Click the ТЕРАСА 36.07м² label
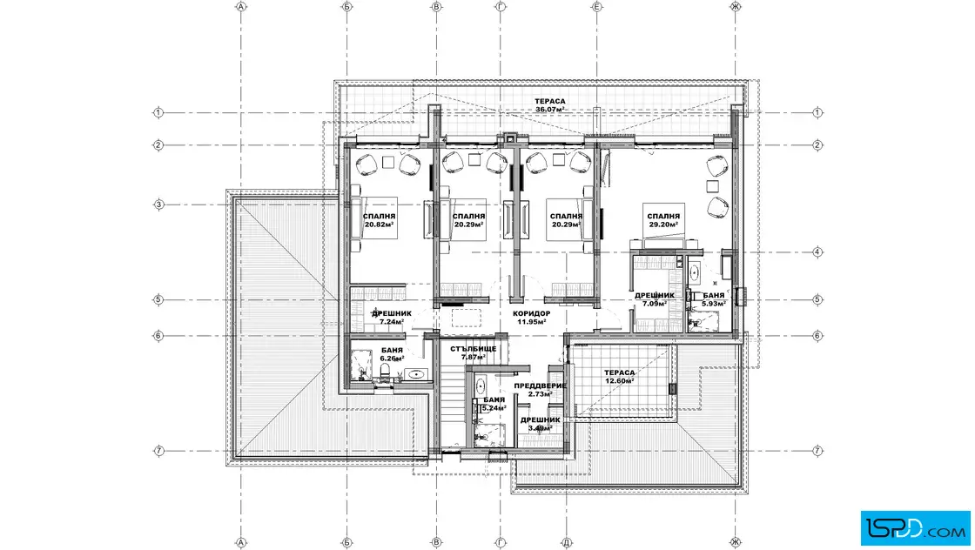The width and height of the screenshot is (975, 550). pos(550,105)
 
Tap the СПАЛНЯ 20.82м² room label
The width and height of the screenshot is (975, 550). pos(380,220)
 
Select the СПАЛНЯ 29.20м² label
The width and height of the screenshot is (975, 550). pos(663,220)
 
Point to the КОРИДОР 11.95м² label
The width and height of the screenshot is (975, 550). pos(532,318)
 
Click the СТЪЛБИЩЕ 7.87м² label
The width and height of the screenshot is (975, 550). pos(474,353)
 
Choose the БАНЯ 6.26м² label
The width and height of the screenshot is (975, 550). pos(393,354)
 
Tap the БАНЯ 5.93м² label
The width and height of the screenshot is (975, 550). pos(714,299)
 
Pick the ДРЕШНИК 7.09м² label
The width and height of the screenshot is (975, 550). pos(654,299)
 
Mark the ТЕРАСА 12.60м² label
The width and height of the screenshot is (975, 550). pos(619,377)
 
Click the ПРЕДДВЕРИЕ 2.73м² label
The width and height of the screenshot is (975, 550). pos(540,390)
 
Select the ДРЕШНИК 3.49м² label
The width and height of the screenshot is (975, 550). pos(540,424)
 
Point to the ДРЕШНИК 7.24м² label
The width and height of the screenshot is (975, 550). pos(392,318)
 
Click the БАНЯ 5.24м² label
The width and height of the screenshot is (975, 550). pos(494,404)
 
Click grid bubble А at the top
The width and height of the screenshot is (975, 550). pos(241,7)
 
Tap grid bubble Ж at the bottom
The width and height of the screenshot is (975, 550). pos(736,542)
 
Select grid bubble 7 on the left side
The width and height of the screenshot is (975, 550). pos(158,451)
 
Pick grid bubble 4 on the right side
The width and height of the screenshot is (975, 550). pos(817,252)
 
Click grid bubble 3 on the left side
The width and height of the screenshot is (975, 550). pos(158,205)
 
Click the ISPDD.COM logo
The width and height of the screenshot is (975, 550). pos(915,528)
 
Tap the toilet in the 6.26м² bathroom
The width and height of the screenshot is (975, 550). pos(385,372)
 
